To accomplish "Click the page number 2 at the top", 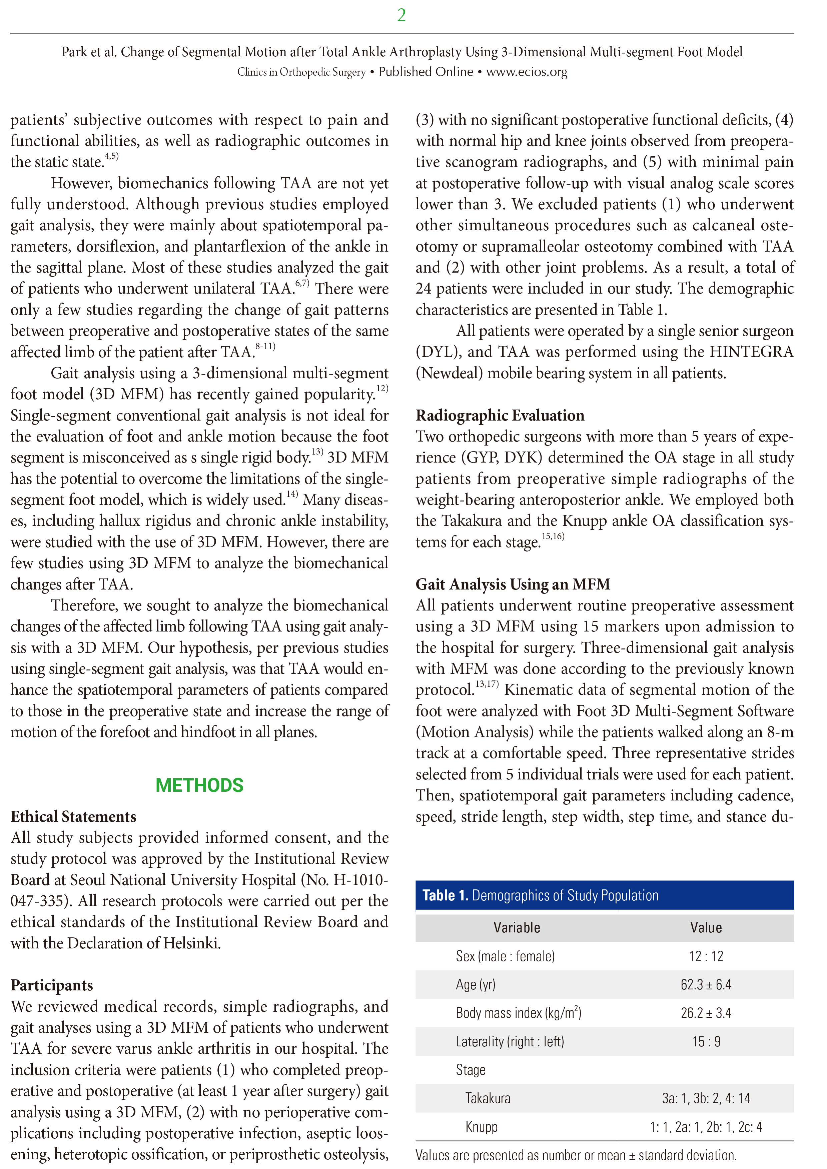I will (401, 15).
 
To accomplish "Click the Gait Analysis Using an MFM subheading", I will (513, 584).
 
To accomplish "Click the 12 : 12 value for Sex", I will (706, 956).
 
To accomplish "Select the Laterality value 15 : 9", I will (706, 1041).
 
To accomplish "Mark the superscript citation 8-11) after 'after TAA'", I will (265, 347).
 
